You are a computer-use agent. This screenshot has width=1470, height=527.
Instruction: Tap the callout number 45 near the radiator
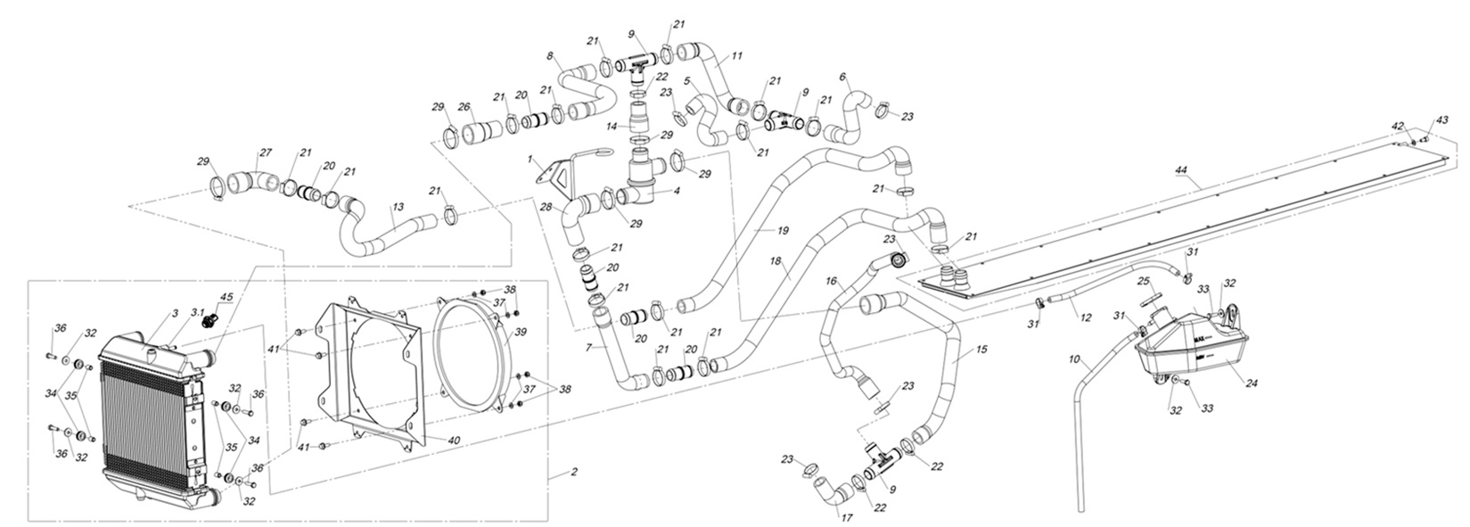[x=226, y=298]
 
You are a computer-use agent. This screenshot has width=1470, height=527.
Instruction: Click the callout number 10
[x=1075, y=360]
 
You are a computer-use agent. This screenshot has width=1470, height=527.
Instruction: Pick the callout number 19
[x=783, y=231]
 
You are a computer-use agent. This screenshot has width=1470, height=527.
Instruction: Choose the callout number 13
[x=398, y=206]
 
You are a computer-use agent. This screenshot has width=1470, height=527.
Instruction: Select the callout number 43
[x=1442, y=120]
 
